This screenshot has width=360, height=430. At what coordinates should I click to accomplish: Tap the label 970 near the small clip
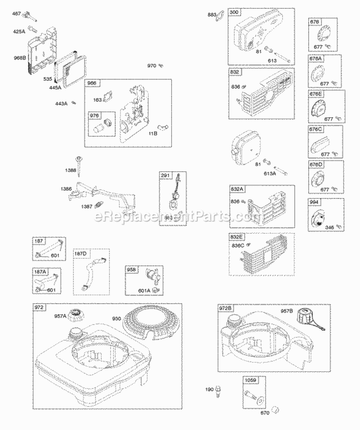[151, 65]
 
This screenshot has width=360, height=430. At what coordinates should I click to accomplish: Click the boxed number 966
[92, 84]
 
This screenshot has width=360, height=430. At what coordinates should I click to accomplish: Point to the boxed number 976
[95, 116]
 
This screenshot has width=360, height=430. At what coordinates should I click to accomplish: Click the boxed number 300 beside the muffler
[234, 12]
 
